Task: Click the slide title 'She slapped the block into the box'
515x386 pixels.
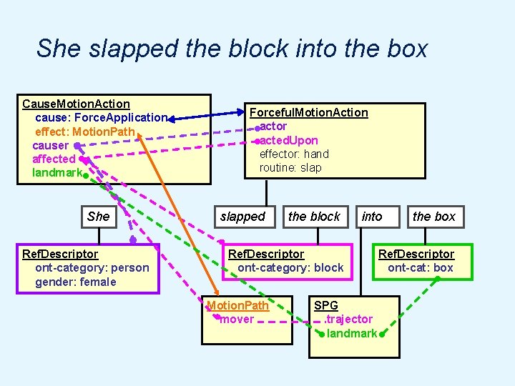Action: [232, 49]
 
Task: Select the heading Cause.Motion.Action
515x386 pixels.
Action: [76, 104]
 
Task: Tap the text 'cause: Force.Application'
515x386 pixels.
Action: [101, 118]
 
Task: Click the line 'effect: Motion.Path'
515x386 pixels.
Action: [89, 132]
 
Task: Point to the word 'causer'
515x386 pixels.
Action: [50, 145]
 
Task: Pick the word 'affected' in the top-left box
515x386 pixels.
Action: [54, 159]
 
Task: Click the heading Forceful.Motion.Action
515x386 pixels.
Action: [308, 112]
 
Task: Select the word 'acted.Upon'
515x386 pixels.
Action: [289, 140]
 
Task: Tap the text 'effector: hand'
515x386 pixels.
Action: [293, 154]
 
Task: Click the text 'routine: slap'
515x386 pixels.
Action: [290, 167]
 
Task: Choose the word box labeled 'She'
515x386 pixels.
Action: [98, 217]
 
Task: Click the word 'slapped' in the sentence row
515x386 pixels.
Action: [242, 217]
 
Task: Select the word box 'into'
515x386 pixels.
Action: [372, 217]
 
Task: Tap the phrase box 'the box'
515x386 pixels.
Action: [434, 217]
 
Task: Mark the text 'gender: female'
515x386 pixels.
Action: [75, 282]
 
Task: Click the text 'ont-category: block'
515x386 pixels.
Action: [290, 268]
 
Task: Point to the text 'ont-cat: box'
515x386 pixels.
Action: [421, 268]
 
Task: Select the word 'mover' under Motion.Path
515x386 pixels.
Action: [237, 319]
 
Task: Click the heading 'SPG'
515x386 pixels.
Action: [325, 305]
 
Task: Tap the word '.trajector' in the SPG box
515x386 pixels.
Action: [348, 319]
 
